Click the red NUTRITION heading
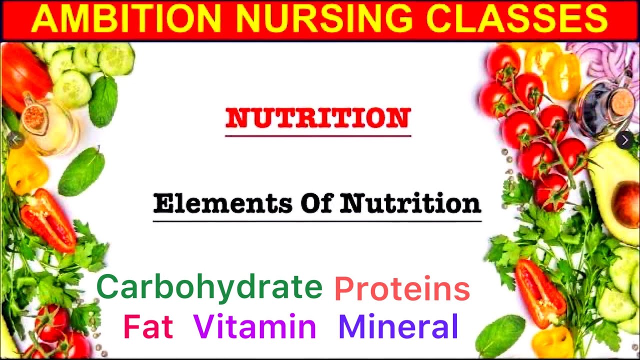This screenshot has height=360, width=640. pyautogui.click(x=318, y=118)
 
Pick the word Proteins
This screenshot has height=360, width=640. pyautogui.click(x=402, y=289)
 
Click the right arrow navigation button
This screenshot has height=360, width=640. pyautogui.click(x=624, y=140)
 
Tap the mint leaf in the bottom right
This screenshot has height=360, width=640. pyautogui.click(x=499, y=335)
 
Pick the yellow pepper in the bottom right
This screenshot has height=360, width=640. pyautogui.click(x=552, y=342)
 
